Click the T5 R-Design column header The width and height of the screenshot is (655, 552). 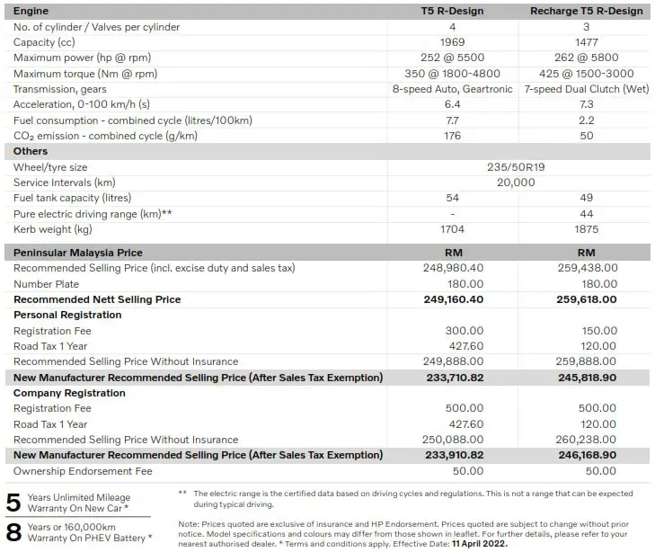453,11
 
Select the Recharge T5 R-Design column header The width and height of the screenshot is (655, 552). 586,11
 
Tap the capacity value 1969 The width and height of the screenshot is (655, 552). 453,42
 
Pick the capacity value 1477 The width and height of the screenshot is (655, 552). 586,42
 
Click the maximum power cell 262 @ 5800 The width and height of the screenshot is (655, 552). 586,58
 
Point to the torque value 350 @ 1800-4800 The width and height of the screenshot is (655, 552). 453,74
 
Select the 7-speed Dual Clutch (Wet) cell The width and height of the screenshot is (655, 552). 586,89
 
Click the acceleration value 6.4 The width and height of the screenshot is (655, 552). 453,104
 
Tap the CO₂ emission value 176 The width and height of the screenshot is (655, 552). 453,136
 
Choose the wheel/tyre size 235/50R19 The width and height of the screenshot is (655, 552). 516,167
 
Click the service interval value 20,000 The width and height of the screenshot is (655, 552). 516,183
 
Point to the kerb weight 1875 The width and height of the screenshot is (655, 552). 586,229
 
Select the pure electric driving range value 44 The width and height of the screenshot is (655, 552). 586,214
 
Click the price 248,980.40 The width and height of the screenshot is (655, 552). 453,268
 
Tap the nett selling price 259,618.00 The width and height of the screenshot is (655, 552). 586,299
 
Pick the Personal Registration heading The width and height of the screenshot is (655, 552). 67,315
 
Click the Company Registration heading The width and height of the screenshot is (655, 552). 69,393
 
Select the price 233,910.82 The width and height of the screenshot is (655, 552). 453,455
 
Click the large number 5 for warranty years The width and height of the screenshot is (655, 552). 13,503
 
